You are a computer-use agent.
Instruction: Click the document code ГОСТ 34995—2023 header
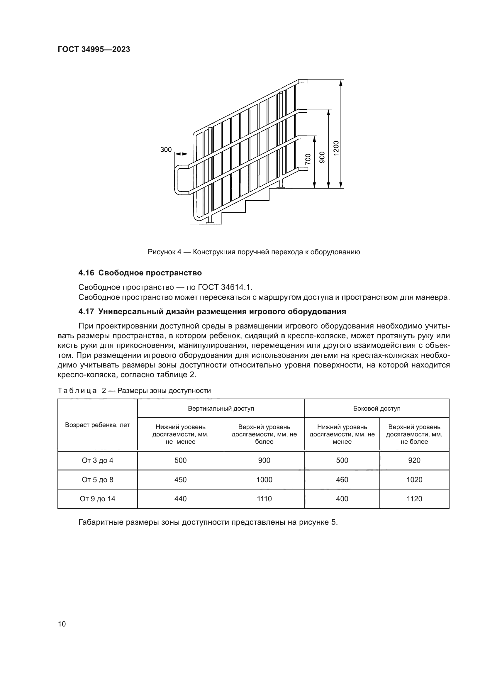click(94, 50)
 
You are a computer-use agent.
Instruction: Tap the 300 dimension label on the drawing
click(166, 150)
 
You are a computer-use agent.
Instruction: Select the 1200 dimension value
click(336, 148)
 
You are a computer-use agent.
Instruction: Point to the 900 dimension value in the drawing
click(322, 157)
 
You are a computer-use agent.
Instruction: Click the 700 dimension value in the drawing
click(308, 159)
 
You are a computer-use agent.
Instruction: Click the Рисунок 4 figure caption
click(254, 252)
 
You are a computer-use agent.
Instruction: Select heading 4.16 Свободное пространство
click(140, 273)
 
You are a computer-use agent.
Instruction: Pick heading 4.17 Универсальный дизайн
click(212, 312)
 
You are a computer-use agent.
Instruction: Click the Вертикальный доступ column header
click(221, 409)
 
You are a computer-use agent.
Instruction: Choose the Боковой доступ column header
click(377, 409)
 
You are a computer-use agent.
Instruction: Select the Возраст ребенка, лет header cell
click(97, 425)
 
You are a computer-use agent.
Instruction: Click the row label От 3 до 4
click(97, 460)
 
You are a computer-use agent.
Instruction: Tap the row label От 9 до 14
click(97, 499)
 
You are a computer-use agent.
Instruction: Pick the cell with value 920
click(414, 460)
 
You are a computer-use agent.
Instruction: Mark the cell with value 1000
click(264, 480)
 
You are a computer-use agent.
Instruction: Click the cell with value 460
click(342, 480)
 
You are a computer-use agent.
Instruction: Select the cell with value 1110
click(264, 499)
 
